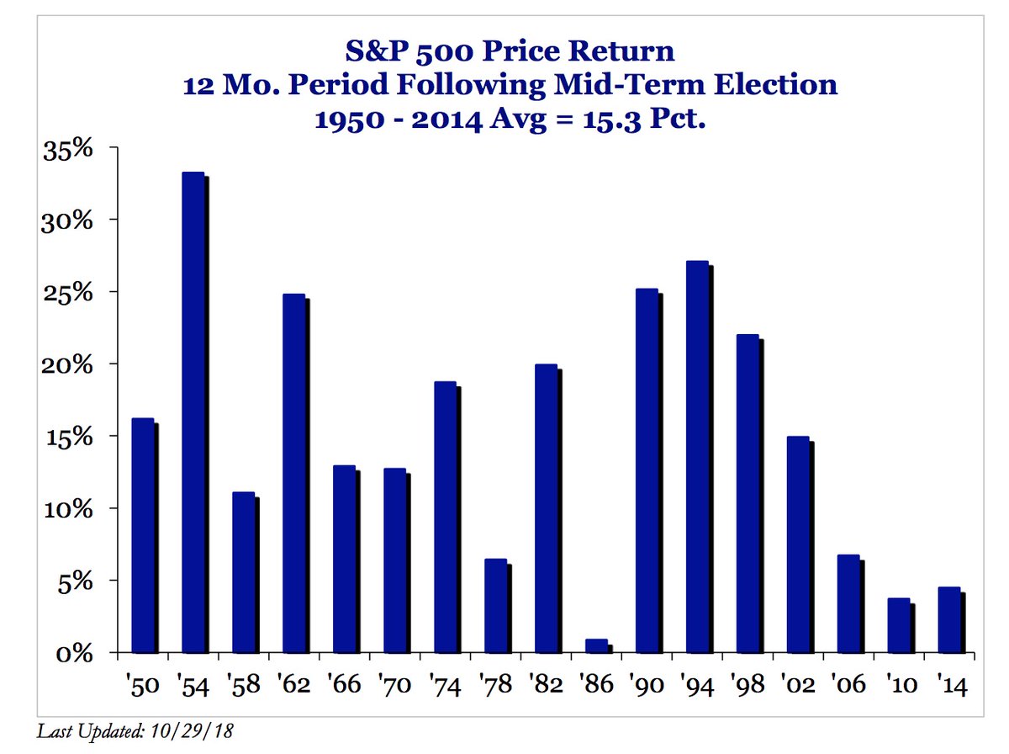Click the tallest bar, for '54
point(193,412)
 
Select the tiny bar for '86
point(595,646)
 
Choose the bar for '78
point(495,606)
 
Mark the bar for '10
point(897,625)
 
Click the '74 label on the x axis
point(446,684)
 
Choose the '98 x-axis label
point(747,684)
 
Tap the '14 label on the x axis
point(948,684)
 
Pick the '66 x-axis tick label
point(345,684)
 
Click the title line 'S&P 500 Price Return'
point(510,52)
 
